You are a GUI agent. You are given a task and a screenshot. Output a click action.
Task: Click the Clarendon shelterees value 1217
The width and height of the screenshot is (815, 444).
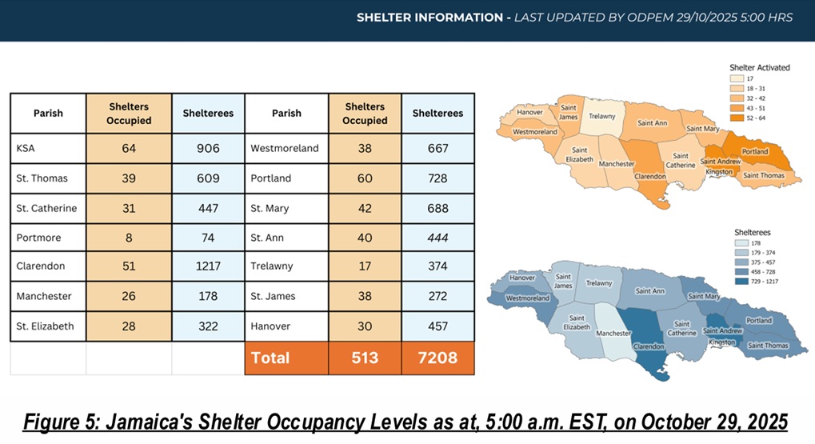click(208, 266)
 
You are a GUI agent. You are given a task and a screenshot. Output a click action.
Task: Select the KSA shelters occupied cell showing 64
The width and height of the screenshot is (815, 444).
click(128, 148)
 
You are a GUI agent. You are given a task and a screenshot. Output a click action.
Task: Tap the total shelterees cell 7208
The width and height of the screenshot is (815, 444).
click(437, 358)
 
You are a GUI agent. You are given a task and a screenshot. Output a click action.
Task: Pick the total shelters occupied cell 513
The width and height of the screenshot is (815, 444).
click(365, 358)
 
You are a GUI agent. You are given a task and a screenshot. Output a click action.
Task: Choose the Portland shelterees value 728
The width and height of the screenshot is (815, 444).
click(437, 178)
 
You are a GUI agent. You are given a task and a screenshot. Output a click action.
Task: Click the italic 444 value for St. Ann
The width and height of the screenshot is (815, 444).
click(437, 238)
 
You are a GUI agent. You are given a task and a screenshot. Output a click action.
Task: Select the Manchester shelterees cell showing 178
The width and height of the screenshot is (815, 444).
click(208, 296)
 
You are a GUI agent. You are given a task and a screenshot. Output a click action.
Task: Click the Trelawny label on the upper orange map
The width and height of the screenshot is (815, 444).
click(601, 116)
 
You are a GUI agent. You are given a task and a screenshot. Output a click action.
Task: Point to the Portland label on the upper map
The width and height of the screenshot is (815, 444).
click(754, 151)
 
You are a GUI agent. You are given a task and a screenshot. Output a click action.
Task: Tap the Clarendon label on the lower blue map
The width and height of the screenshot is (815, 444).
click(649, 346)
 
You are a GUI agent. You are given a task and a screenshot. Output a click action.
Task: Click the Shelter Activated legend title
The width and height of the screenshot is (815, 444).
click(759, 67)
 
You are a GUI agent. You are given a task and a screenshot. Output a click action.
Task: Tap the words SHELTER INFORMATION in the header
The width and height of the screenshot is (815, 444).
click(429, 16)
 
